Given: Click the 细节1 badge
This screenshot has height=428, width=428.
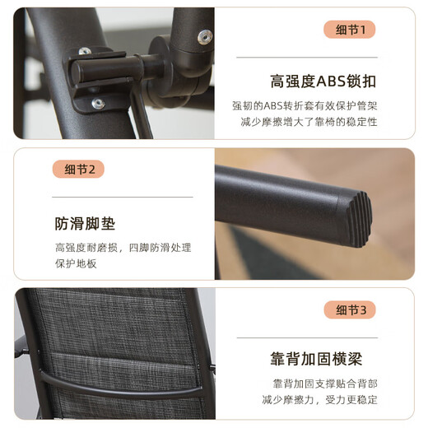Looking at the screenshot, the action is click(349, 30).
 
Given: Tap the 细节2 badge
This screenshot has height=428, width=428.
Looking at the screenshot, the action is click(78, 169).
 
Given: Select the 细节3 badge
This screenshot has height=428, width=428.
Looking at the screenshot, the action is click(350, 310).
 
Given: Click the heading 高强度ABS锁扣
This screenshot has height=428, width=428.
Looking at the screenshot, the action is click(323, 81).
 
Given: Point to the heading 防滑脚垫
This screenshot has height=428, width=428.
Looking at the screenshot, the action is click(85, 224).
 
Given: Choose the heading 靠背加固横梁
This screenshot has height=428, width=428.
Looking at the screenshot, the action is click(316, 359).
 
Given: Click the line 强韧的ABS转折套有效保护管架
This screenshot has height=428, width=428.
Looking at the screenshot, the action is click(305, 105).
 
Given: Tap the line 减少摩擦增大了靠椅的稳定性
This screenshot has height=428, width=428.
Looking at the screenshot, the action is click(309, 122).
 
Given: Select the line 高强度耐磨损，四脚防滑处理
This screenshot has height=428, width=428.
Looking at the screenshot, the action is click(123, 248).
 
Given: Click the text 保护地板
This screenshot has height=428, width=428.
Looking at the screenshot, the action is click(76, 263).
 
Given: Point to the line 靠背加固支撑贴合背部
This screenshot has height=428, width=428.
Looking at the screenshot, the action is click(325, 384).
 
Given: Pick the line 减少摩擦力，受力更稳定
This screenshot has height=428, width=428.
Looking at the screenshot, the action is click(319, 400).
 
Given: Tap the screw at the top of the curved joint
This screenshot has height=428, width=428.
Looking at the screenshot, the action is click(205, 36).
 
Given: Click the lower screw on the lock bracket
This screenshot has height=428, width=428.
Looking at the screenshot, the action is click(98, 104).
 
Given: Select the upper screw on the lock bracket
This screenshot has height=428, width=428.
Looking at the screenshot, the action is click(85, 51).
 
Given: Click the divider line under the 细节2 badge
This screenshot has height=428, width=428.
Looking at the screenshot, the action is click(123, 197).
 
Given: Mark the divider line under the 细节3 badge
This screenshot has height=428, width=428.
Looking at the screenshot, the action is click(307, 337).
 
